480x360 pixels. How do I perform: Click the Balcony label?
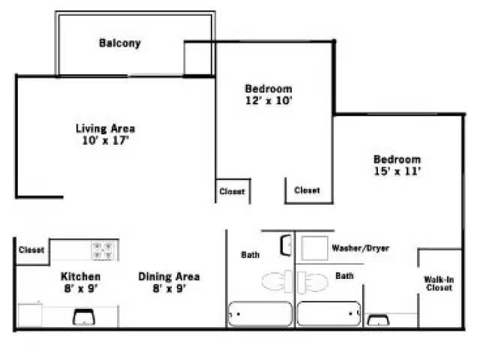coord(120,43)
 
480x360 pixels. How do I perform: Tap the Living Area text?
coord(105,128)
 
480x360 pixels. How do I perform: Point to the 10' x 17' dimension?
coord(106,139)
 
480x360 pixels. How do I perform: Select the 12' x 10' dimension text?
coord(268,100)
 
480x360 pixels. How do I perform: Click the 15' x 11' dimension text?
coord(397,171)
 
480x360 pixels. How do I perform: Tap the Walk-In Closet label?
coord(439,283)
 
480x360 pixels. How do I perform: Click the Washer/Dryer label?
coord(360,248)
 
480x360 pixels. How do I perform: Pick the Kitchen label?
coord(80,276)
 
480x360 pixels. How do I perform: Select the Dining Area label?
coord(169,276)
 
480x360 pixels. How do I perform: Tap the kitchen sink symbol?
coord(82,318)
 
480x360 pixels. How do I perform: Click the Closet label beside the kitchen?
coord(31,250)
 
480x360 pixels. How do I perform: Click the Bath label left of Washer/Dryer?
coord(250,255)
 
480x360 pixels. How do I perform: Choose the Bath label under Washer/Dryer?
coord(344,276)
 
